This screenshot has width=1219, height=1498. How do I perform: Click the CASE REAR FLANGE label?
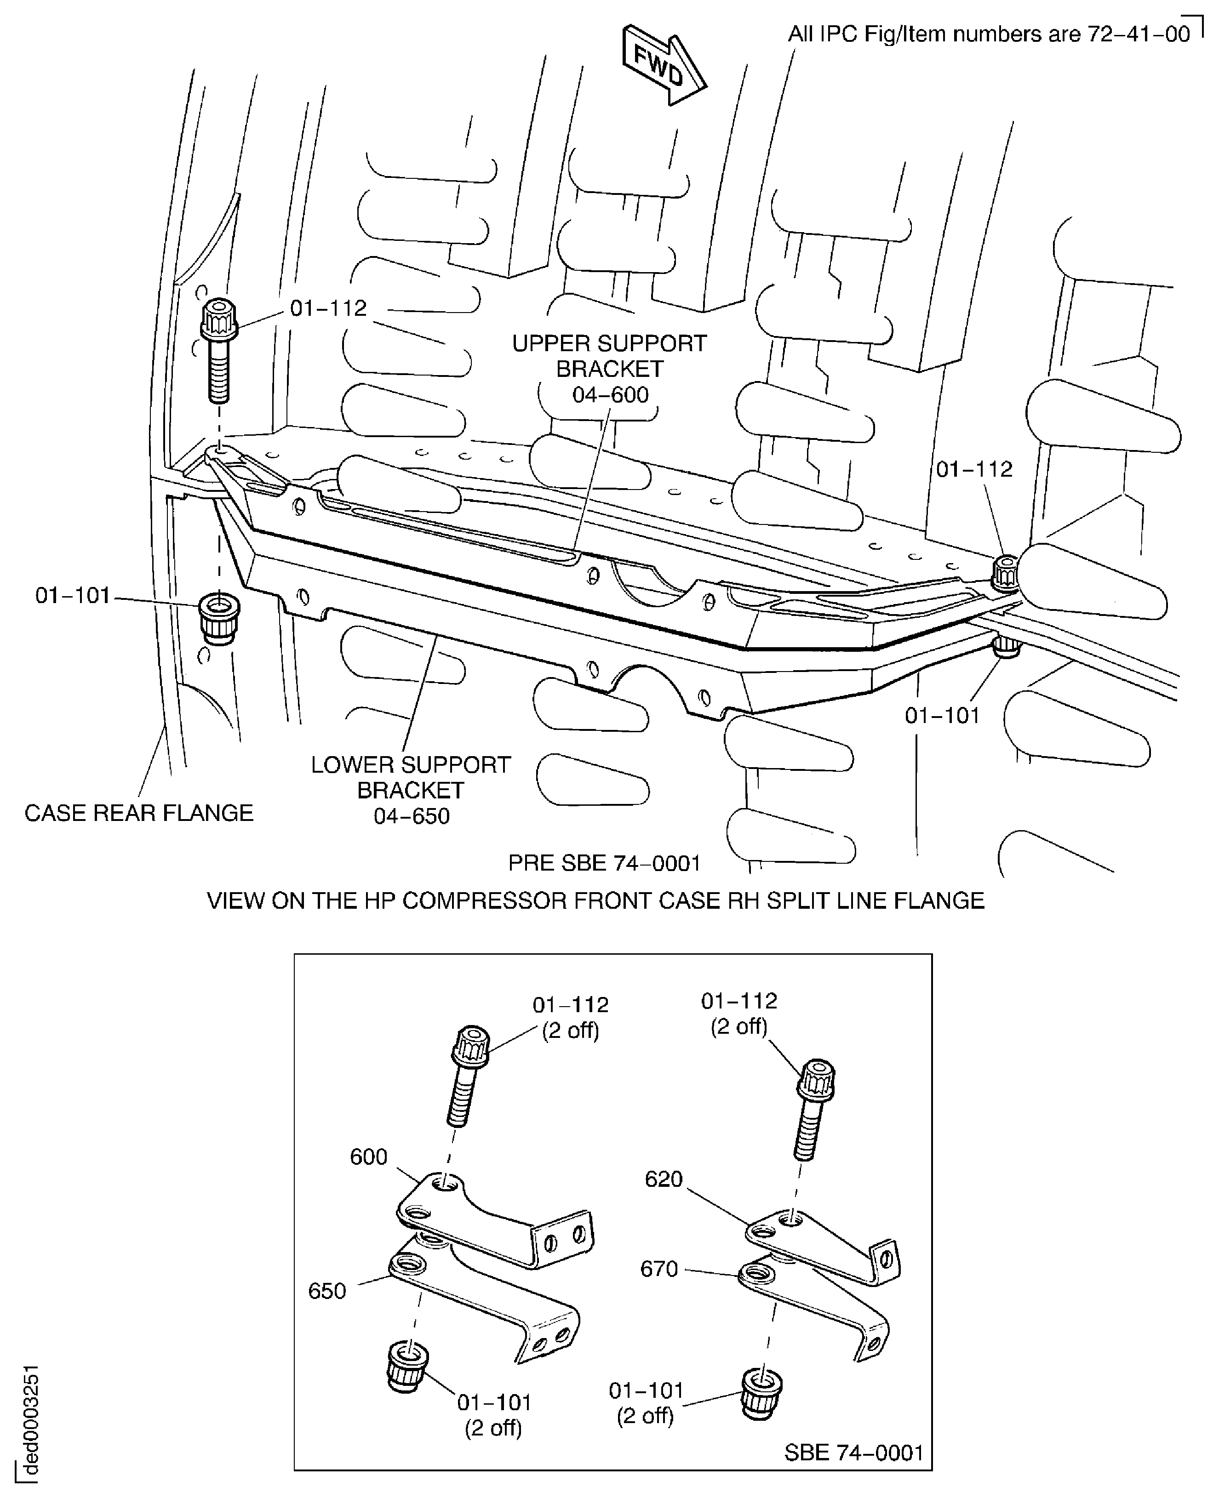click(x=138, y=813)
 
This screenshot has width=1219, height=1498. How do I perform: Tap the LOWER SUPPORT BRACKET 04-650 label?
click(x=411, y=790)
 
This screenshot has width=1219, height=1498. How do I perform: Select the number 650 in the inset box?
click(x=327, y=1291)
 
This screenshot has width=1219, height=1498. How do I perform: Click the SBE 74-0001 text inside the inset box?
click(x=853, y=1452)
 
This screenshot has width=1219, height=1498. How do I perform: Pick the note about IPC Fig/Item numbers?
click(x=989, y=34)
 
